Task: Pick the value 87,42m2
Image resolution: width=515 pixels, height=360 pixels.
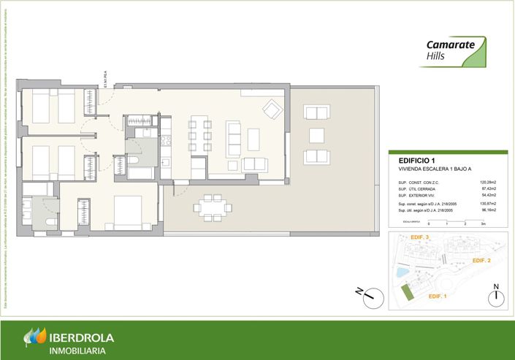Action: (x=489, y=189)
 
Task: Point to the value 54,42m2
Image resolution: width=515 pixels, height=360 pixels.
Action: (x=489, y=196)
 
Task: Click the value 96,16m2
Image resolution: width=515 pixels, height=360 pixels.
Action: (x=489, y=210)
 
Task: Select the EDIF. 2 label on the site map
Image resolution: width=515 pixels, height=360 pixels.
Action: (x=482, y=261)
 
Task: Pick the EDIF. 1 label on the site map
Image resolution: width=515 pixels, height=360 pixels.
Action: (x=438, y=296)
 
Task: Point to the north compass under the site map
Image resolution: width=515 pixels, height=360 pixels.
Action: (x=495, y=295)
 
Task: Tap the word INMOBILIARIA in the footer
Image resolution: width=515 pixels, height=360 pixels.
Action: (x=77, y=351)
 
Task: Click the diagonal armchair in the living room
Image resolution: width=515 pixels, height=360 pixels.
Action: (x=272, y=110)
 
